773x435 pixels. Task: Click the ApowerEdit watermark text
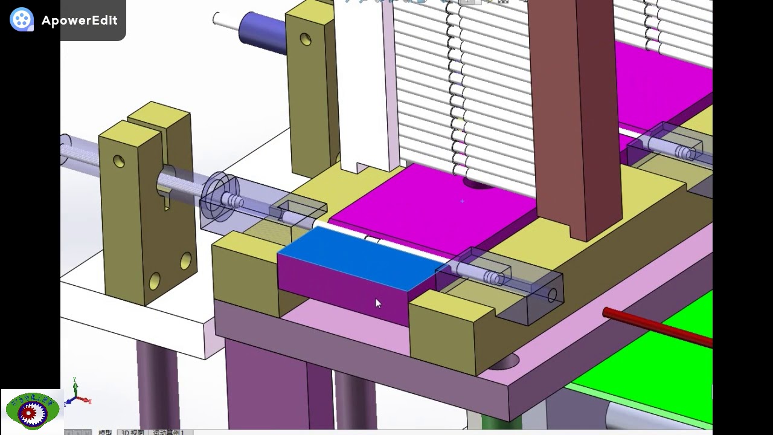point(79,21)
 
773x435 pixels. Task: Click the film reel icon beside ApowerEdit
point(22,20)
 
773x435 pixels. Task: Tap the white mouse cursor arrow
point(377,303)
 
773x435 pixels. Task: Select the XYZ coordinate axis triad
point(77,393)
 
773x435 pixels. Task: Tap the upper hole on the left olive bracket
point(119,161)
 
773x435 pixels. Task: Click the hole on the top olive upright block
point(306,40)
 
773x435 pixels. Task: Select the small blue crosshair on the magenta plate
point(462,201)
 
